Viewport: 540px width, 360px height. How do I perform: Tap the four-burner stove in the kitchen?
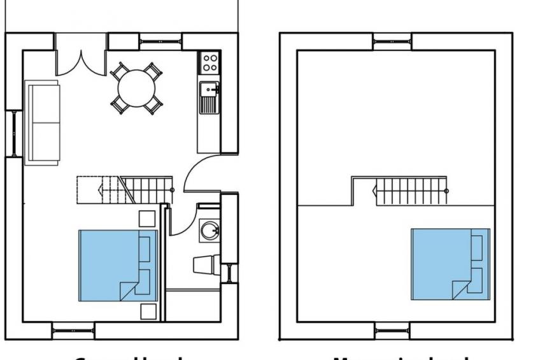[x=210, y=62]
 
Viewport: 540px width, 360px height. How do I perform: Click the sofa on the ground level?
[x=43, y=122]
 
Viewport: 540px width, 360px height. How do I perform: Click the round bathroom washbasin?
[x=209, y=230]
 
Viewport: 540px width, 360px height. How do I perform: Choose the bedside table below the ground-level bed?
[x=148, y=312]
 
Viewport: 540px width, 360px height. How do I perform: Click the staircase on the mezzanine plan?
[x=411, y=191]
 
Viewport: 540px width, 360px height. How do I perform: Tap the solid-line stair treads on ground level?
[x=148, y=190]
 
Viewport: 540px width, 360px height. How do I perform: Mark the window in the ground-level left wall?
[x=13, y=134]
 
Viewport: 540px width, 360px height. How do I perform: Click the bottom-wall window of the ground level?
[x=73, y=330]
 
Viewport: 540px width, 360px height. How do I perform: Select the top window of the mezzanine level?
[x=392, y=42]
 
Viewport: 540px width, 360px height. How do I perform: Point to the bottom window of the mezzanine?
[x=392, y=330]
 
